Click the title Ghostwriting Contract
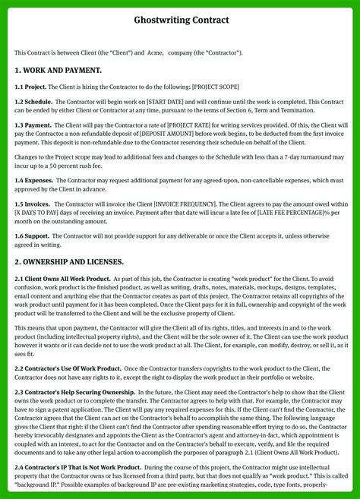pos(181,20)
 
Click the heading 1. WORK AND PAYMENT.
pos(58,70)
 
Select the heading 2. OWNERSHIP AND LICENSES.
pos(69,261)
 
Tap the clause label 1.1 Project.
pos(31,87)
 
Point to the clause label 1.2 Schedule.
pos(33,101)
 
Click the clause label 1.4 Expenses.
pos(34,180)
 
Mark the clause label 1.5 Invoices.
pos(33,204)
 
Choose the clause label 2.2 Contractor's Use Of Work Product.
pos(68,368)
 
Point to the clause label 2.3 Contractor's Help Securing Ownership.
pos(75,392)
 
